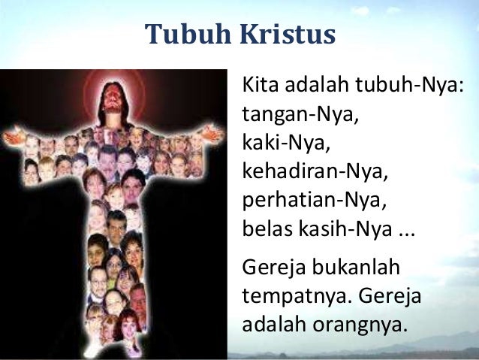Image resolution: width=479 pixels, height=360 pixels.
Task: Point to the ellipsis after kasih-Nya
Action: (x=405, y=228)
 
